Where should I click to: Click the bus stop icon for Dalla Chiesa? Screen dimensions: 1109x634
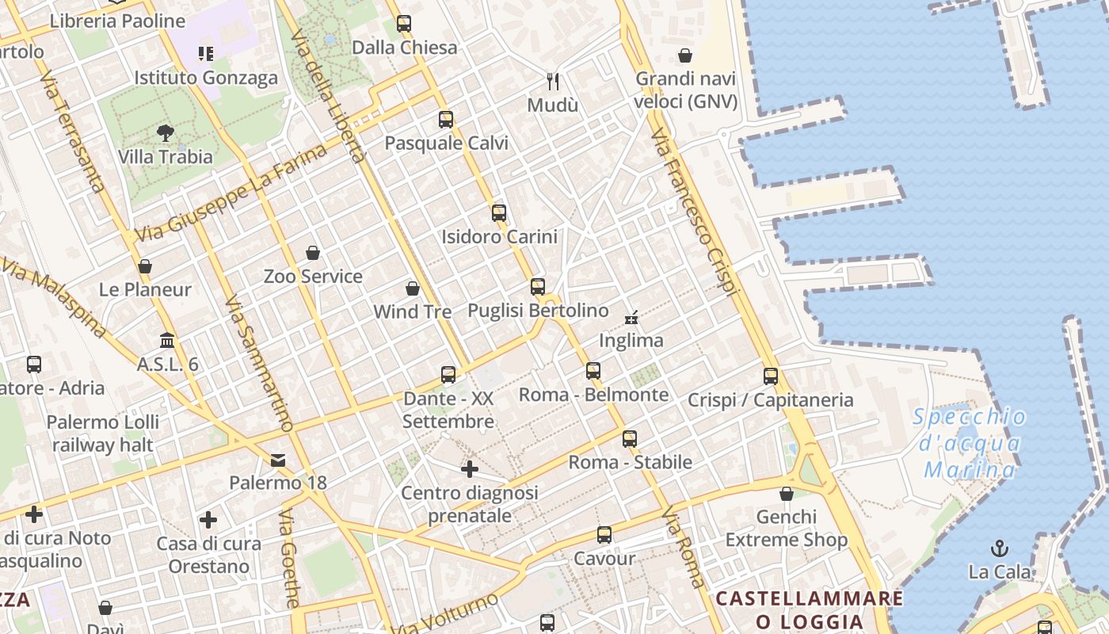[x=404, y=24]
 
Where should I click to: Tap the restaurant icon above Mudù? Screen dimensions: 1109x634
[x=553, y=81]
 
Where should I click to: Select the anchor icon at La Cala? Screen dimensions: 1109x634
[x=1000, y=548]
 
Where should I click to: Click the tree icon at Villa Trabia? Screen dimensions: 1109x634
[x=166, y=132]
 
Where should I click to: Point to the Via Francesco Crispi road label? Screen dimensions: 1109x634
[x=695, y=214]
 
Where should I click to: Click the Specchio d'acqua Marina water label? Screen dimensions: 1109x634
[x=969, y=443]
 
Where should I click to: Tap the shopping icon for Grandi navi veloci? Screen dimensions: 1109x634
[x=685, y=55]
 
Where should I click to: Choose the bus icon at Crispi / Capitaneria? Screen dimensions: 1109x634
[x=771, y=376]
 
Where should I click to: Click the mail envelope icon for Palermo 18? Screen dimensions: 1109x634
[x=278, y=460]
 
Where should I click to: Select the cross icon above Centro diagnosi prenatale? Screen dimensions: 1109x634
[x=470, y=469]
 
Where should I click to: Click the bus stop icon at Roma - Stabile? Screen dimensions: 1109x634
[x=630, y=438]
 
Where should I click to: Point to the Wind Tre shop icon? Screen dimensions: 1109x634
[x=413, y=288]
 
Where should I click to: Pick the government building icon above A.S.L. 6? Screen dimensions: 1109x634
[x=167, y=341]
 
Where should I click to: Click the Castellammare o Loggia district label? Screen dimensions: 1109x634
[x=809, y=609]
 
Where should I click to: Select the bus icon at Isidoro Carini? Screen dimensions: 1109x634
[x=499, y=212]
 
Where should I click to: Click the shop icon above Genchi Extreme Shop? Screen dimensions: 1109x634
[x=787, y=494]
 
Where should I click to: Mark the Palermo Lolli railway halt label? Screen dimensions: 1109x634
[x=103, y=433]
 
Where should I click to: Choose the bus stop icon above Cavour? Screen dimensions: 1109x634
[x=604, y=535]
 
